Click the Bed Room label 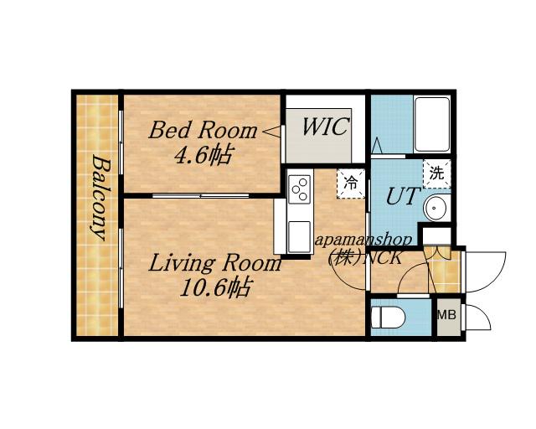(x=203, y=131)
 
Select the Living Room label (x=214, y=263)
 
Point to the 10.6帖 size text (x=216, y=287)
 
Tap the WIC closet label (x=326, y=127)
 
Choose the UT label (x=402, y=196)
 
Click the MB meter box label (x=447, y=315)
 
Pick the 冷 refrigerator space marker (x=350, y=183)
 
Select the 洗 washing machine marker (x=436, y=173)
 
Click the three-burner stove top (x=300, y=189)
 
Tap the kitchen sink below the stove (x=300, y=237)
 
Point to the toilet (x=388, y=318)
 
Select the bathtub (x=432, y=124)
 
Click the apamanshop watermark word (x=363, y=240)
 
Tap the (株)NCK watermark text (x=365, y=257)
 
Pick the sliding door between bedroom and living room (x=201, y=196)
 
